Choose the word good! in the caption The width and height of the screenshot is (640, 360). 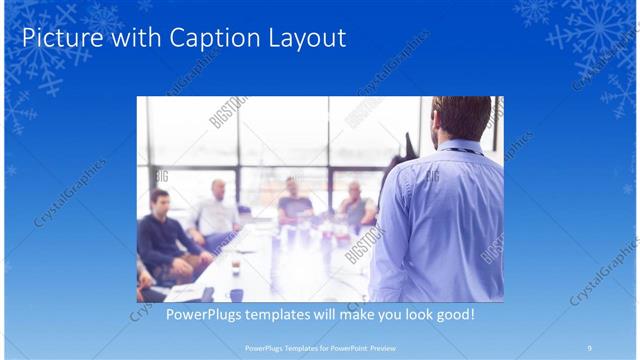point(451,315)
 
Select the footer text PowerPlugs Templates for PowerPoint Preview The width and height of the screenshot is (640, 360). point(320,348)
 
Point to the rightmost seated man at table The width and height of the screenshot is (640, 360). point(355,205)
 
